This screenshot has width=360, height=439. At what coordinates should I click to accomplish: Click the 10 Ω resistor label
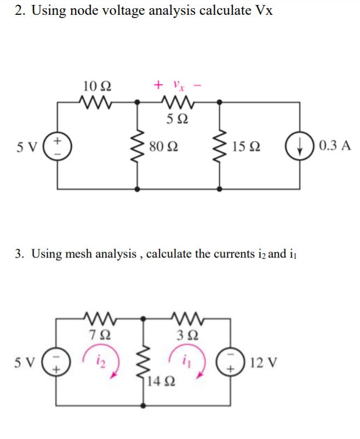click(96, 86)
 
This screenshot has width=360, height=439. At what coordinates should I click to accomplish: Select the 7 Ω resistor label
click(96, 333)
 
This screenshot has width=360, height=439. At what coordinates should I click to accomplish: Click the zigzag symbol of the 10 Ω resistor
click(96, 101)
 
